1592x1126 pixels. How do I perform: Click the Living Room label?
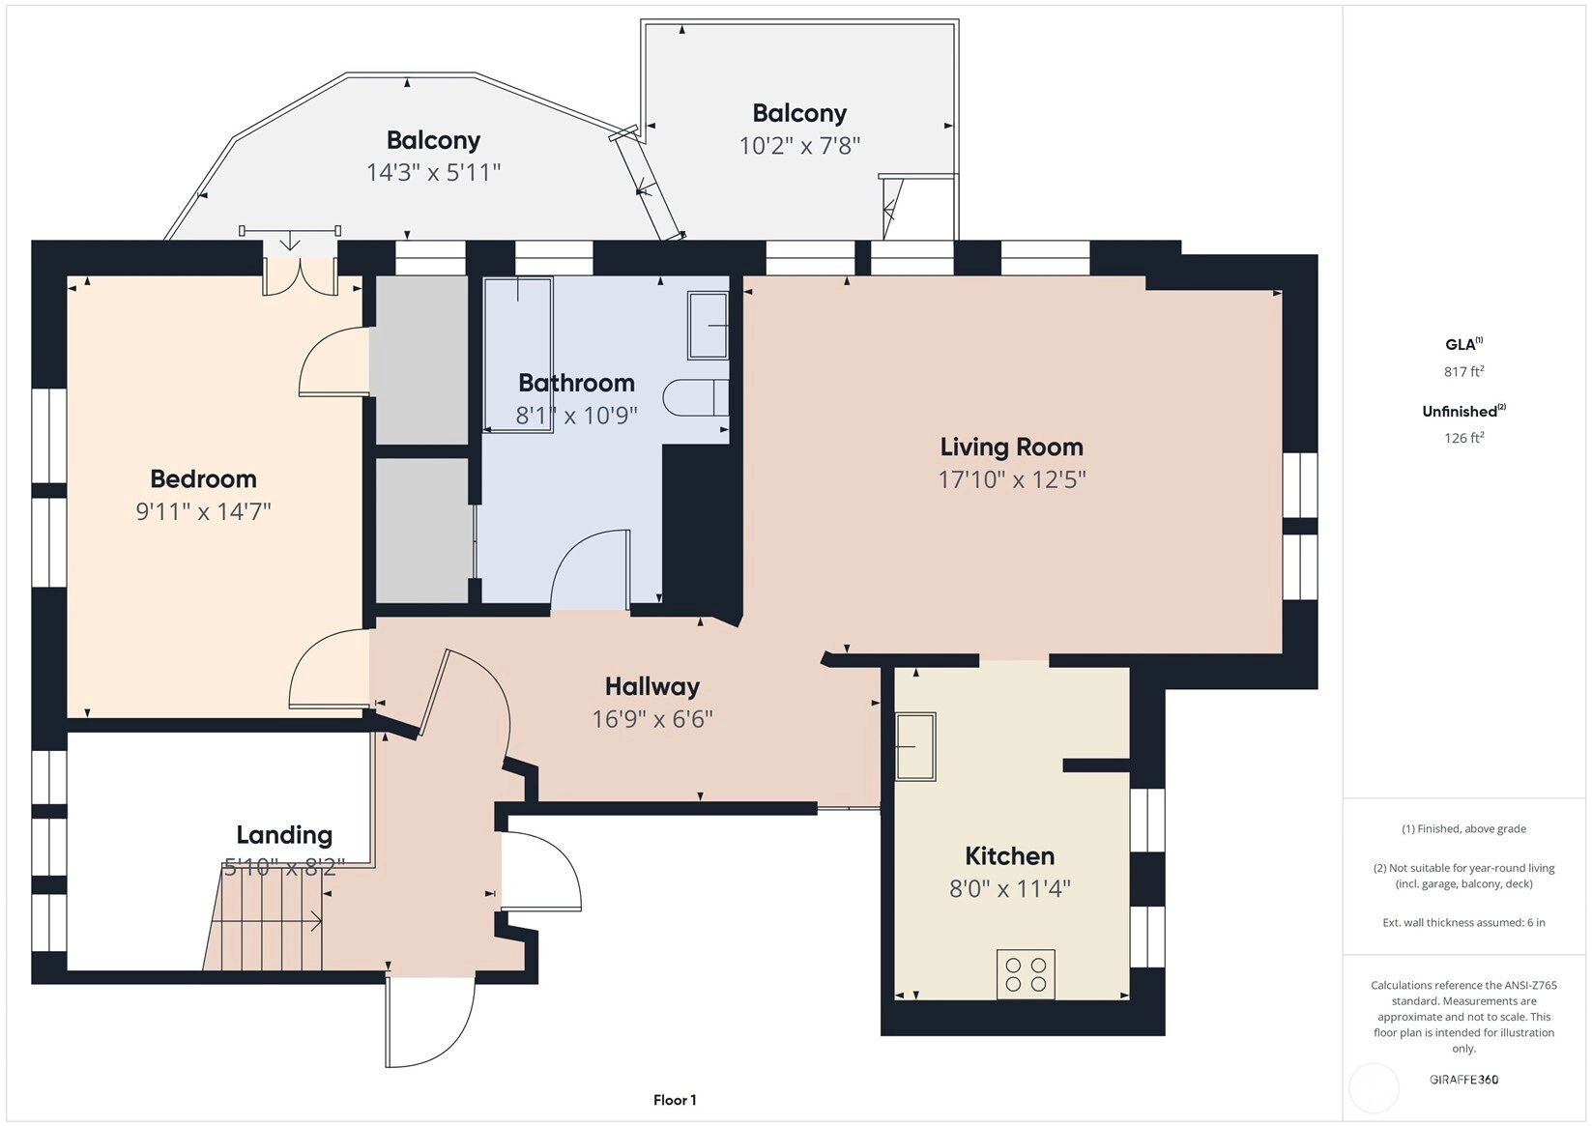pos(1011,448)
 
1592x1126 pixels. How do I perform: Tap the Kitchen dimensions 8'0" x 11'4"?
pos(1010,888)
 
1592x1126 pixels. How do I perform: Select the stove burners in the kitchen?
pos(1026,974)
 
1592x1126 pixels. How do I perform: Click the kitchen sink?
pos(914,746)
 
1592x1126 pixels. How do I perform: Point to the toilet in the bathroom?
pos(696,398)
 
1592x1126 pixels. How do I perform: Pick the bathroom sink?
pos(708,325)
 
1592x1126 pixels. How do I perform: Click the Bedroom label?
pos(203,479)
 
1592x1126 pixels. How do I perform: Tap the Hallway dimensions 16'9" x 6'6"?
pos(652,719)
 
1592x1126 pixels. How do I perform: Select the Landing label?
pos(284,835)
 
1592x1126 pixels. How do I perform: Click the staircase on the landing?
pos(265,917)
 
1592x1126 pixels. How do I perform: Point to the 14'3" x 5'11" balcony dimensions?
pos(434,173)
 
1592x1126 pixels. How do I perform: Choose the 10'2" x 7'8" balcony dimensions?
pos(799,146)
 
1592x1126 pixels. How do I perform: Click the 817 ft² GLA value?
pos(1464,371)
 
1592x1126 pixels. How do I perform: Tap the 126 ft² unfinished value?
pos(1464,438)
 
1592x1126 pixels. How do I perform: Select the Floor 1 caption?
pos(676,1101)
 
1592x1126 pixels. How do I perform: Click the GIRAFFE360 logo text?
pos(1464,1079)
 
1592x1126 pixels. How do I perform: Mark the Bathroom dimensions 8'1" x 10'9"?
pos(576,416)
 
